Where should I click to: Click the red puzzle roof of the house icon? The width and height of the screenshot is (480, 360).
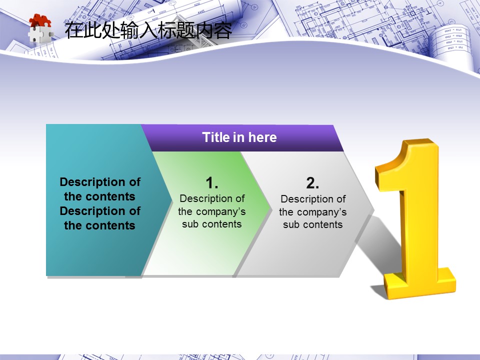(40, 21)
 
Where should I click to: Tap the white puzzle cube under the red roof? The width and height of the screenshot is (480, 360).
(40, 34)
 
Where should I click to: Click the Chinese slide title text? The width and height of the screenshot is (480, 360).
(148, 30)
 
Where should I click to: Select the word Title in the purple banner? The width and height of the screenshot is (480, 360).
(216, 137)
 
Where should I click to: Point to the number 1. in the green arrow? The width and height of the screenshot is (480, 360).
(212, 183)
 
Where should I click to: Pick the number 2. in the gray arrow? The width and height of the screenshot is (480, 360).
(312, 183)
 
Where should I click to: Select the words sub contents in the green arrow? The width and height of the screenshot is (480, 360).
(212, 224)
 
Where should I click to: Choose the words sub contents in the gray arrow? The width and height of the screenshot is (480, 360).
(312, 224)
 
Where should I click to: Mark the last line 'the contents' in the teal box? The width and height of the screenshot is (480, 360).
(100, 225)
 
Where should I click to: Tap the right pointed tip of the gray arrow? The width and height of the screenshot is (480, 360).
(373, 210)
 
